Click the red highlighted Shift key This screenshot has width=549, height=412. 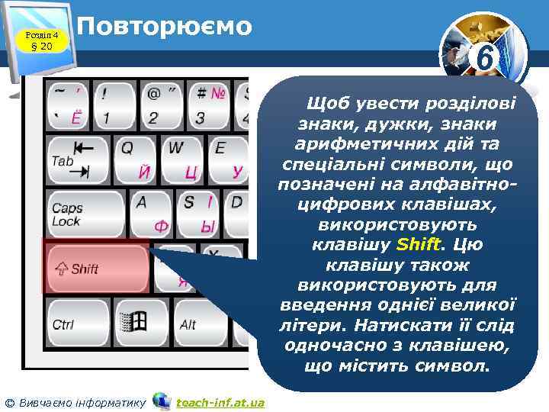(x=95, y=268)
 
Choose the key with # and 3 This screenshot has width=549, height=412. (x=207, y=105)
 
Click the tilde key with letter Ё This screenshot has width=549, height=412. (x=68, y=105)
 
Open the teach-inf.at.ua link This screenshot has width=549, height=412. (x=220, y=402)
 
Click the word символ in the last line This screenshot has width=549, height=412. (x=452, y=366)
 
